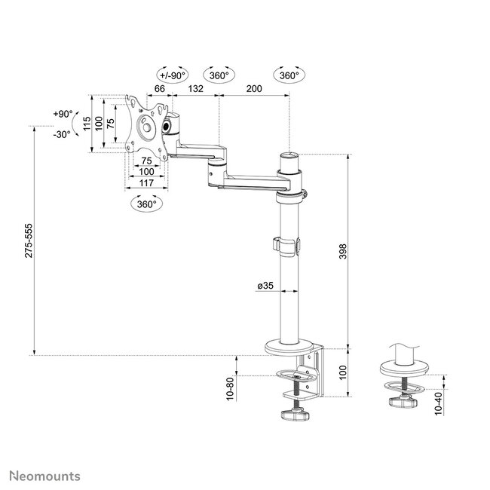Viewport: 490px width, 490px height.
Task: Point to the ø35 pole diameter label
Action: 264,286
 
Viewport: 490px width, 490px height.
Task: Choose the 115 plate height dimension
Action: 87,124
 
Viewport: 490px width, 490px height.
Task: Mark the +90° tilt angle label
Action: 63,114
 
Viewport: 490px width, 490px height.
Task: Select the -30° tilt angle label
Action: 62,134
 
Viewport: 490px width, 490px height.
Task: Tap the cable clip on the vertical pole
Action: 286,245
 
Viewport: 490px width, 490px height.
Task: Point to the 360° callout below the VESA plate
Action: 145,204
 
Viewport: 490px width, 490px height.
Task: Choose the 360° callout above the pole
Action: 289,75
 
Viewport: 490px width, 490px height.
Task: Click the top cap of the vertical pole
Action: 289,156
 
